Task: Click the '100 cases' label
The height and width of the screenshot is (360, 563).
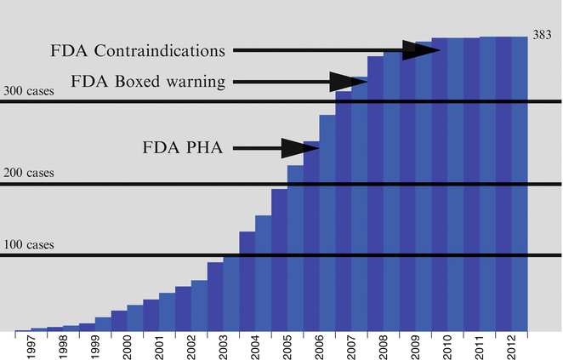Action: coord(30,245)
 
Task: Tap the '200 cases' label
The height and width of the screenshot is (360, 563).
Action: coord(30,173)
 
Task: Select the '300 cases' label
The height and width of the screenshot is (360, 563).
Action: coord(30,91)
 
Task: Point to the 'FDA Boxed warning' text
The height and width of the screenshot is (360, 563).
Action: coord(148,83)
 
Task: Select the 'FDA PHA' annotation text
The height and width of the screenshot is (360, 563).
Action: coord(182,148)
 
